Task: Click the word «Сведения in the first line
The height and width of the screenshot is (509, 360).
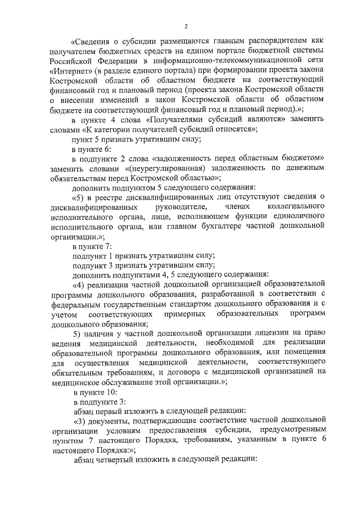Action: coord(92,41)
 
